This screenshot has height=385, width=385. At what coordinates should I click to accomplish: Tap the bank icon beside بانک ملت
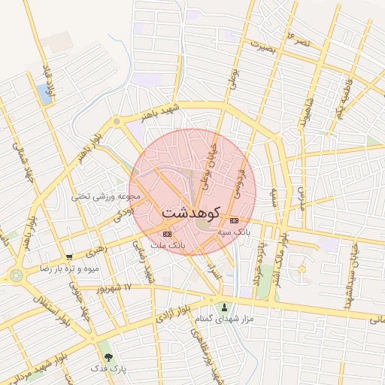[166, 235]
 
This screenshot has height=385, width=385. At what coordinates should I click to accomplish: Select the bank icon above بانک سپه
[234, 220]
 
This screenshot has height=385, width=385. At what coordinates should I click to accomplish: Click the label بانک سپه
[235, 233]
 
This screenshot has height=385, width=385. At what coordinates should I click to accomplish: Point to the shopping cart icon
[69, 257]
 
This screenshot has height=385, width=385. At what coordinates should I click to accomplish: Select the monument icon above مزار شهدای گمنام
[224, 307]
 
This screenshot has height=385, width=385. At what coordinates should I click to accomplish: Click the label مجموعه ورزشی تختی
[106, 196]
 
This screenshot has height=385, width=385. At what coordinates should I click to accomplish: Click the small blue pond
[44, 94]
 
